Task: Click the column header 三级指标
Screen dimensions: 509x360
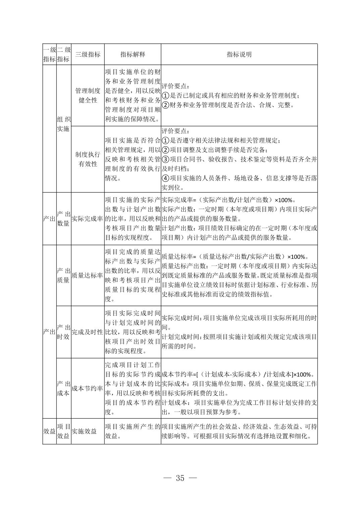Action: pos(87,55)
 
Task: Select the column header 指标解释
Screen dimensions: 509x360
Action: pos(133,55)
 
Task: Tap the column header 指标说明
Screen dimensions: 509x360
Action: pos(239,55)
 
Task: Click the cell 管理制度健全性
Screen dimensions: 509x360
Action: pos(87,95)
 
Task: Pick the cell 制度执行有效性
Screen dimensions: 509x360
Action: pos(87,159)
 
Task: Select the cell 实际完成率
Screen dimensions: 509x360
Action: pos(87,219)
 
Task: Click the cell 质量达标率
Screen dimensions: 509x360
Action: pos(87,275)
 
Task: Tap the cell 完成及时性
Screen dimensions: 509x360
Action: pos(87,332)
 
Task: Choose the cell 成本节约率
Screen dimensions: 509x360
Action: pos(87,388)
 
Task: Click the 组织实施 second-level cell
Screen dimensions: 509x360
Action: pos(64,124)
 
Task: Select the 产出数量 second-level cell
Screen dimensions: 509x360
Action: pos(64,219)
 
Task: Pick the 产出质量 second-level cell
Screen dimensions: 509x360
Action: pos(64,275)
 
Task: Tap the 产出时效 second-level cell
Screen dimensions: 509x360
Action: pos(64,332)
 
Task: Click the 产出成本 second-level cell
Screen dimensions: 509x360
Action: pos(64,388)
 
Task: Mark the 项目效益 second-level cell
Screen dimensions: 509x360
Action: pos(64,431)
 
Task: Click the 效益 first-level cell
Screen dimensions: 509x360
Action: pos(49,431)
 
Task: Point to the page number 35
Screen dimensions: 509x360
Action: pos(180,478)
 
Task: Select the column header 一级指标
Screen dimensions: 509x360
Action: pos(49,55)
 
